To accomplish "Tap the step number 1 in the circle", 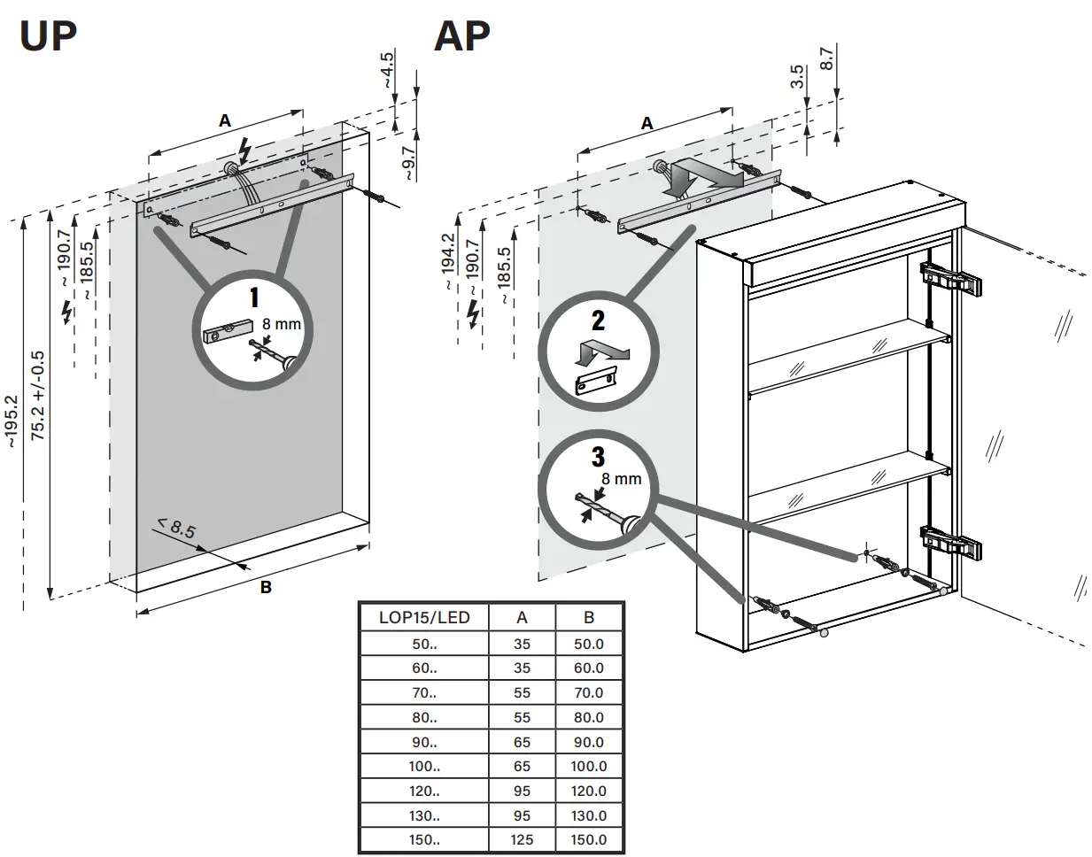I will tap(254, 300).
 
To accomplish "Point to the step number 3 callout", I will tap(599, 457).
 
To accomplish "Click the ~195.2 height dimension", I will tap(12, 421).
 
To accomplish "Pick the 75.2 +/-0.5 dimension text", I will tap(38, 395).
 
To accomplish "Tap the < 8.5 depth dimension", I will tap(176, 530).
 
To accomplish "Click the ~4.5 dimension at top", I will tap(387, 71).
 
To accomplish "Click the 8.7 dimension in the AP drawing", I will tap(827, 59).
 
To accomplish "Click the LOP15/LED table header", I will tap(424, 617).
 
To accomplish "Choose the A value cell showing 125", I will tap(523, 839).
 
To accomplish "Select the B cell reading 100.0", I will tap(589, 766).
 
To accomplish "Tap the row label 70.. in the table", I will tap(424, 692).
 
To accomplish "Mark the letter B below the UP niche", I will tap(265, 587).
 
